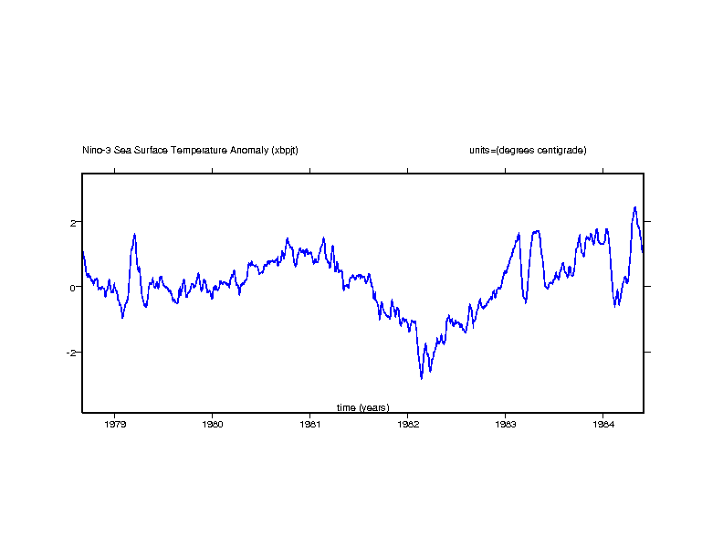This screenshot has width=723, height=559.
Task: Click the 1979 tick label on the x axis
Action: pos(115,424)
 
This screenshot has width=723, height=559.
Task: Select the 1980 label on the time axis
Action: pos(213,424)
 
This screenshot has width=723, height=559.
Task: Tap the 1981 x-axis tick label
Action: pos(310,424)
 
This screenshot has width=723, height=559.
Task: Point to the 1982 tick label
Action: pos(407,424)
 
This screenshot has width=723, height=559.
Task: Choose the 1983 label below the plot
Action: pos(505,424)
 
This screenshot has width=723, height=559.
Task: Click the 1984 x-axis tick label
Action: pos(602,424)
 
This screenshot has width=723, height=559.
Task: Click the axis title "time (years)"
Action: pos(362,407)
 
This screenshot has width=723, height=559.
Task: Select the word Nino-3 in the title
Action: pos(96,150)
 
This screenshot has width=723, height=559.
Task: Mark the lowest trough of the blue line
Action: pos(422,378)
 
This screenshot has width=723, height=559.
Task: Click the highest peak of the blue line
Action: pos(634,207)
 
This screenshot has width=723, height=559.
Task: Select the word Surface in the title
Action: pos(151,150)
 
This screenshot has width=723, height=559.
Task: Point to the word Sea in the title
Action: pos(122,150)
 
